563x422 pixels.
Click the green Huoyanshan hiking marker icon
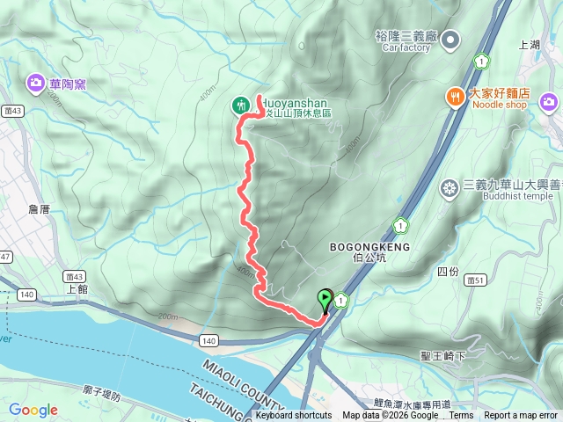click(x=241, y=105)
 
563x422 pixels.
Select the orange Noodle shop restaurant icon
click(x=455, y=97)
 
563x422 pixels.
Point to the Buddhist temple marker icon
click(x=450, y=188)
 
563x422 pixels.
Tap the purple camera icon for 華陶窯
click(x=36, y=84)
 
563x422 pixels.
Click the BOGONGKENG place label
click(x=368, y=248)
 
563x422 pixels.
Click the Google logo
click(x=33, y=410)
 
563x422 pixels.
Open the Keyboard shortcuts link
click(x=294, y=416)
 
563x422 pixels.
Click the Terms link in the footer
click(x=461, y=416)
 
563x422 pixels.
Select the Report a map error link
click(x=521, y=416)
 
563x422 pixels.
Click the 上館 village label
click(x=77, y=287)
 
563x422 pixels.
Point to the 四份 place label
click(x=448, y=272)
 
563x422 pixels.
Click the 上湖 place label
click(x=530, y=44)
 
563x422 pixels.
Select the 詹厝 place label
click(x=40, y=209)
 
